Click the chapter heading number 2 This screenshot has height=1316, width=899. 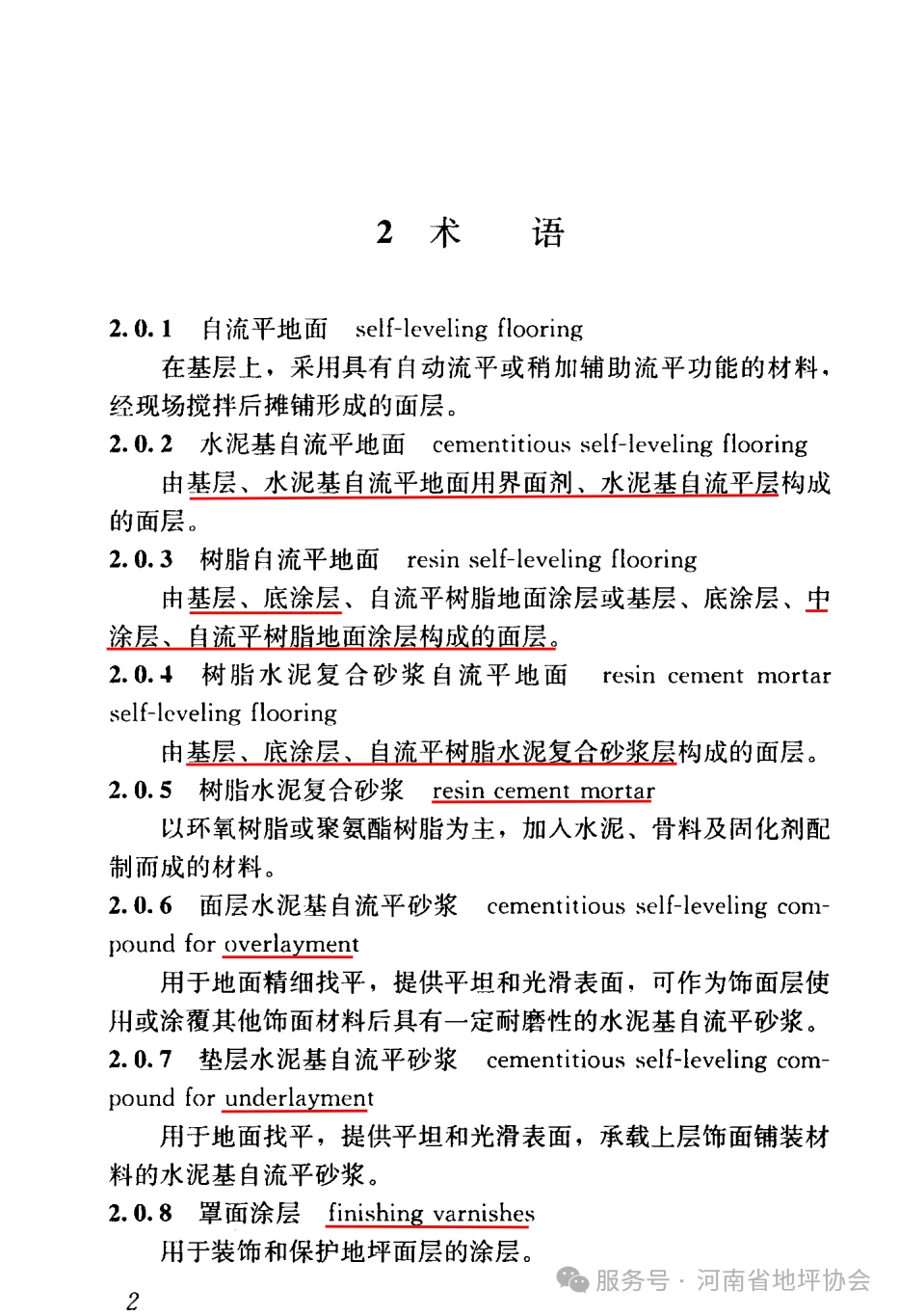(x=384, y=232)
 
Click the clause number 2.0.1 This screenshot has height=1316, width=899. (x=141, y=329)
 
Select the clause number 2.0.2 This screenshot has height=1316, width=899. (x=141, y=444)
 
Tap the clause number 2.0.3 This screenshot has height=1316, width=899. (x=141, y=559)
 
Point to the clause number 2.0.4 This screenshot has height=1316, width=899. (x=141, y=675)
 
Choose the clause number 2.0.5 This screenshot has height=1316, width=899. (x=141, y=791)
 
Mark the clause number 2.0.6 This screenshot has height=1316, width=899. (x=141, y=906)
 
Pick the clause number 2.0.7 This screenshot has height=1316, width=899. (x=141, y=1060)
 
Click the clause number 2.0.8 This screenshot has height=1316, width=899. (x=141, y=1213)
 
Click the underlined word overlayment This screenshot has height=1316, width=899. (x=291, y=944)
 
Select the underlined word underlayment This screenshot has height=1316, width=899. (x=299, y=1098)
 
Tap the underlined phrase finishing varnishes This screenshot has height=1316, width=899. (x=431, y=1213)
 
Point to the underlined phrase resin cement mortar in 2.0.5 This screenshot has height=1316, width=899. (x=542, y=791)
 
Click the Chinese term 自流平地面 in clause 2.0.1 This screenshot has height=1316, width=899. (x=264, y=329)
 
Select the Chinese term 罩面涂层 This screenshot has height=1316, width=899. (x=250, y=1213)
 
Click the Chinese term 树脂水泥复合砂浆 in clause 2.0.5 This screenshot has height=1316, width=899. (x=301, y=791)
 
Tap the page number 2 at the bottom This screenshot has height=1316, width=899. (x=133, y=1300)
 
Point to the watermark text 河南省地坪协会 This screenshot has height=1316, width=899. (x=782, y=1280)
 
